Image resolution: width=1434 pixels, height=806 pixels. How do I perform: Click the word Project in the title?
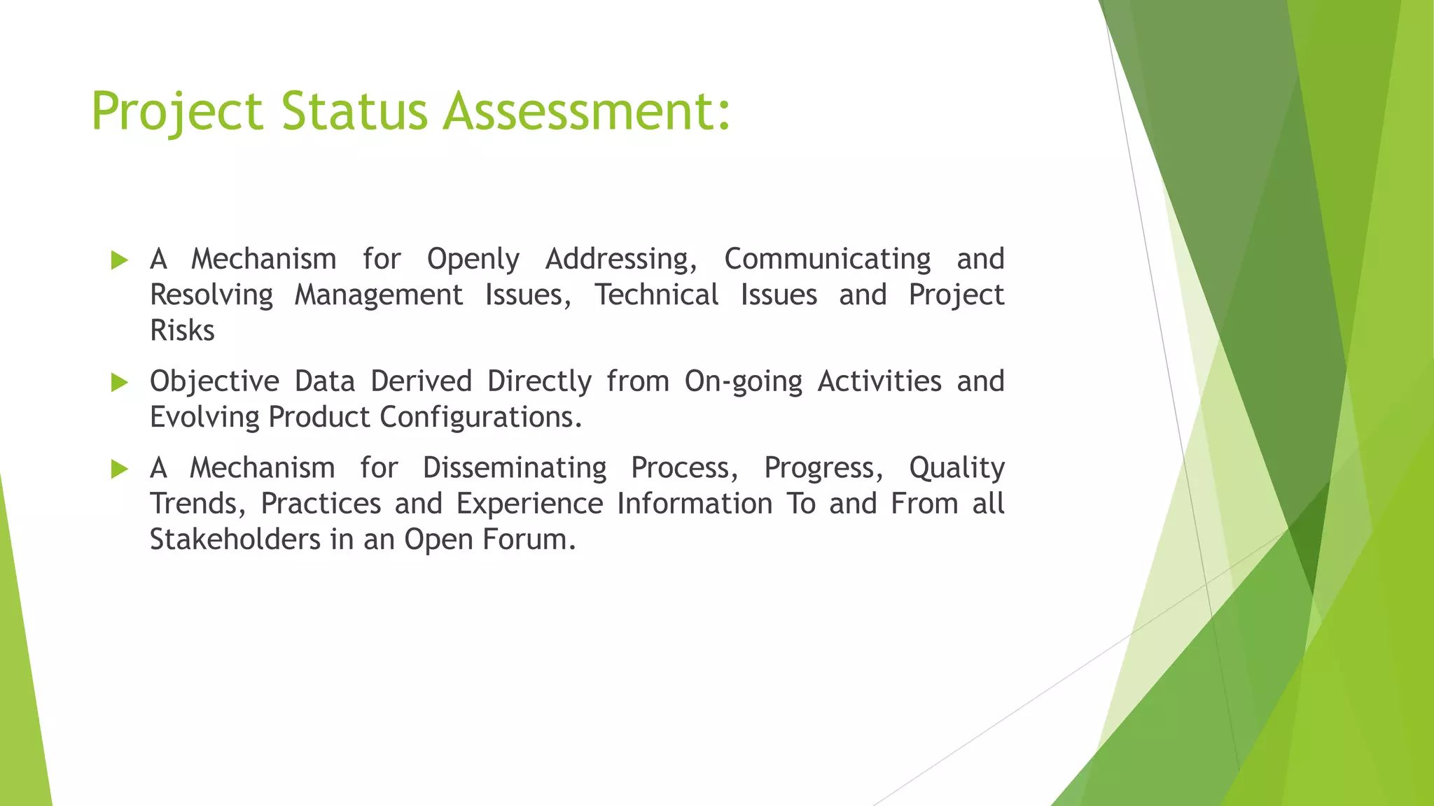coord(177,112)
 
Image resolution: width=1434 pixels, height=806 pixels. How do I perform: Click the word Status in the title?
coord(354,111)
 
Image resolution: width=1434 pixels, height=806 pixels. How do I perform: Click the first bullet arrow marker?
coord(120,261)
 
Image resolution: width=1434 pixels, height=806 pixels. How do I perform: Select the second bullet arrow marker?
coord(120,383)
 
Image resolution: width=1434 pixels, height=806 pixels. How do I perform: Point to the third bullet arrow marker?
coord(120,469)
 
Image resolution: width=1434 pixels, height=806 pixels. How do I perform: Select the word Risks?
coord(182,331)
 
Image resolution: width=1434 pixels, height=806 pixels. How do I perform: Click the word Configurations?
coord(481,418)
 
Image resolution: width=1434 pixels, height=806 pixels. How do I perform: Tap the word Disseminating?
coord(515,468)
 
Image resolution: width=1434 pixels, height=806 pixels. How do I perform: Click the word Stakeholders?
coord(235,539)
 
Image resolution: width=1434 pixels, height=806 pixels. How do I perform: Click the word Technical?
coord(657,295)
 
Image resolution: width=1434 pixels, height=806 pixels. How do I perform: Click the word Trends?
coord(197,504)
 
